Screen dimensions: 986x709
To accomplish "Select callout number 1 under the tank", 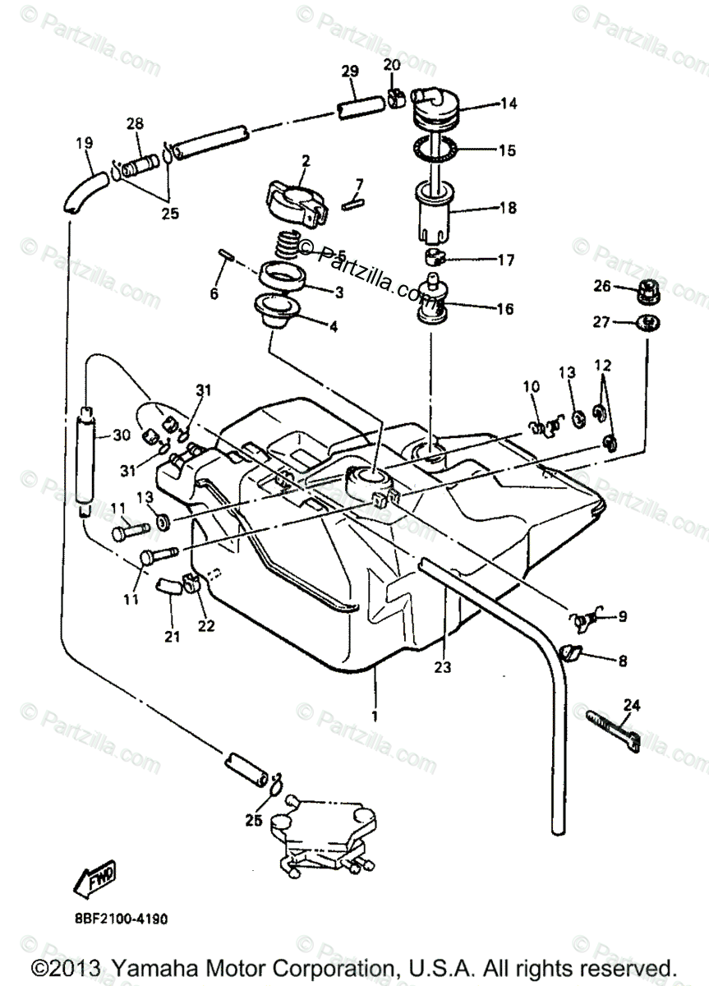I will pos(375,716).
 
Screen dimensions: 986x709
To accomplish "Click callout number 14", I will pos(509,104).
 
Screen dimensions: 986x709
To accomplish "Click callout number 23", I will pos(444,668).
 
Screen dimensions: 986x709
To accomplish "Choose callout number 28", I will pos(135,124).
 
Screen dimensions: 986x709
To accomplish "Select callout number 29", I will pos(350,71).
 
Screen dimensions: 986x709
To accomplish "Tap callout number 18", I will pos(509,209).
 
